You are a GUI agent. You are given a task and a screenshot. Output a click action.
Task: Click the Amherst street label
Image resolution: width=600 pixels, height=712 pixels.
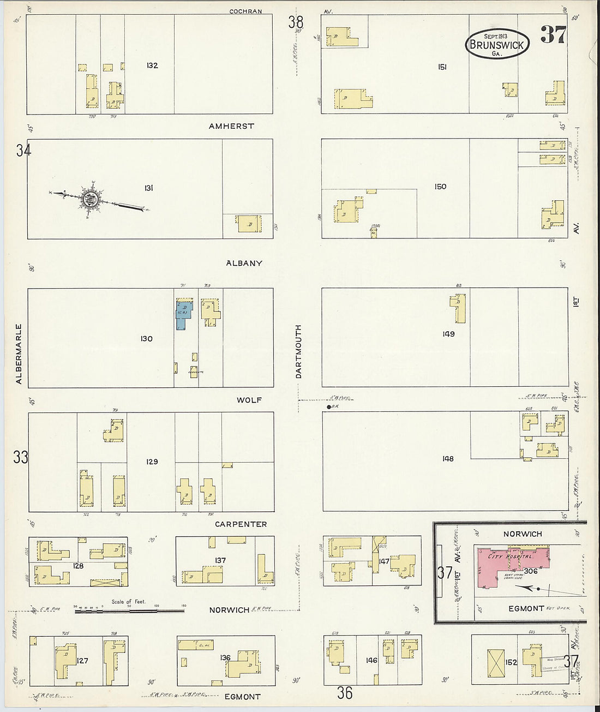tap(231, 126)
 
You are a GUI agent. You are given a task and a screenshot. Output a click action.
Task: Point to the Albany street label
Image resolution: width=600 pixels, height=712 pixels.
tap(244, 263)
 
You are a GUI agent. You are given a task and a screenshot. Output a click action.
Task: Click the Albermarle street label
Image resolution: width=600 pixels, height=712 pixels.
tap(19, 354)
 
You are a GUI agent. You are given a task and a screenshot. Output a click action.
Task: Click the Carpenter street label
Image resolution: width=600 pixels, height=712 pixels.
tap(241, 524)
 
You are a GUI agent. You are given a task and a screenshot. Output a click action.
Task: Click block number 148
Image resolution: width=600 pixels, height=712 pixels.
tap(448, 459)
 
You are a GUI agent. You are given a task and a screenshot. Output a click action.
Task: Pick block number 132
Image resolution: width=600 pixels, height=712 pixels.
tap(152, 65)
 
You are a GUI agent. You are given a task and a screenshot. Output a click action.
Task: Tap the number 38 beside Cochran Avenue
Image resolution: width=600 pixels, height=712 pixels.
tap(296, 22)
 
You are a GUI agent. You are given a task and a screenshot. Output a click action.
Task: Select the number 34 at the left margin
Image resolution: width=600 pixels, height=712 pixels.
tap(23, 150)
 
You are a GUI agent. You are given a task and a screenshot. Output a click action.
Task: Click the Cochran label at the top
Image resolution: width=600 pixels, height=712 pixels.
tap(245, 11)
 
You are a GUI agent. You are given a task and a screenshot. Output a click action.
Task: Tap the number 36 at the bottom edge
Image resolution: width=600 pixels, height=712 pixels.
tap(344, 693)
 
